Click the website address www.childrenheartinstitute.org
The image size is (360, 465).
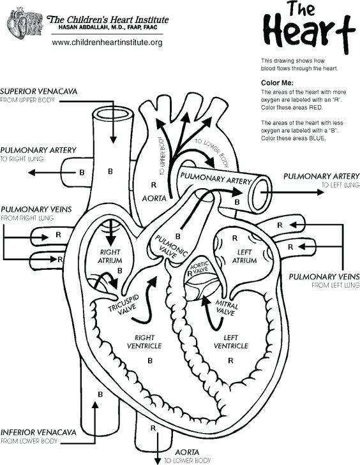(x=107, y=42)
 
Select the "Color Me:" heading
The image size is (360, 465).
(x=276, y=83)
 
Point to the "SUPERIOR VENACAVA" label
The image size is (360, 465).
(x=39, y=92)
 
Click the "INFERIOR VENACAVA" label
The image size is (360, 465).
(x=39, y=432)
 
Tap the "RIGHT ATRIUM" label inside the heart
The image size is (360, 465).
(x=110, y=256)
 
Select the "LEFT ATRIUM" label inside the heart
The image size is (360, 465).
(x=244, y=256)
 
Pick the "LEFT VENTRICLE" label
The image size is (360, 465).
(x=230, y=341)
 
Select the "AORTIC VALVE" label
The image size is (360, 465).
(x=199, y=267)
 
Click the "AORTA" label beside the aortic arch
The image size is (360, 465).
(x=154, y=198)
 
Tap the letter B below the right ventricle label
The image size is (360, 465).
(x=150, y=360)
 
